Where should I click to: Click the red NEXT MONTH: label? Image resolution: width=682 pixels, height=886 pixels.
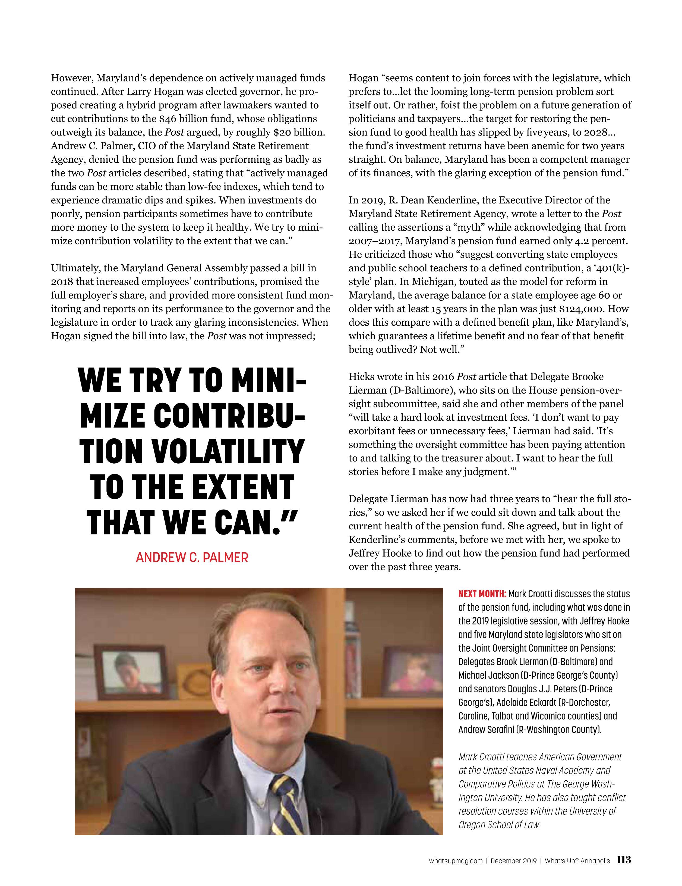click(482, 594)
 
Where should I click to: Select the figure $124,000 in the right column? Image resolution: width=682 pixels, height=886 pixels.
click(582, 309)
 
